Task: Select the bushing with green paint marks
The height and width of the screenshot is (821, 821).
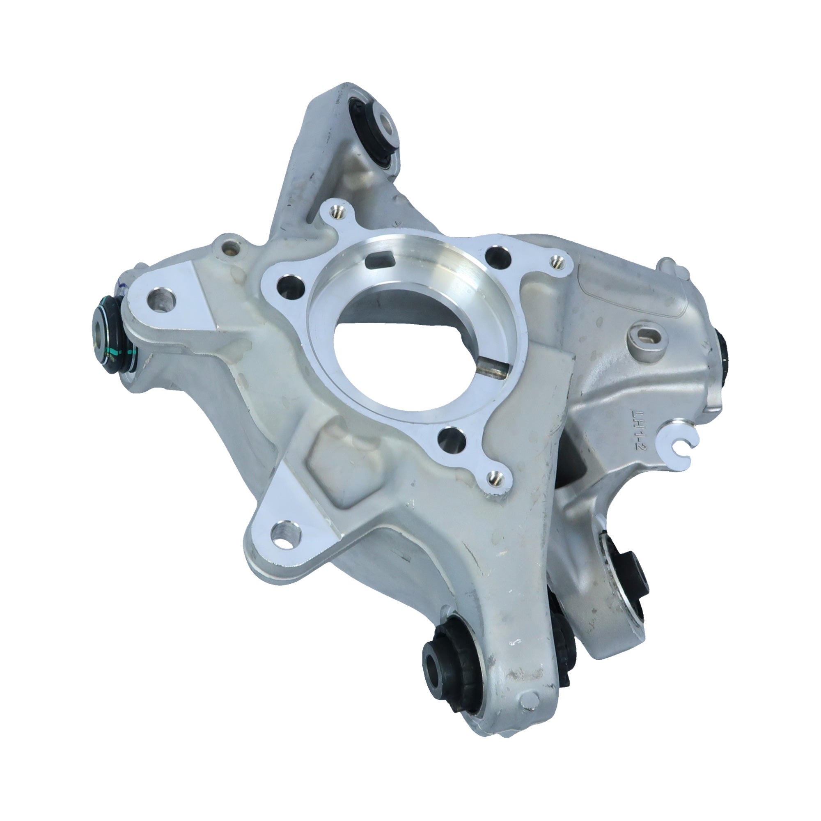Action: [111, 335]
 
